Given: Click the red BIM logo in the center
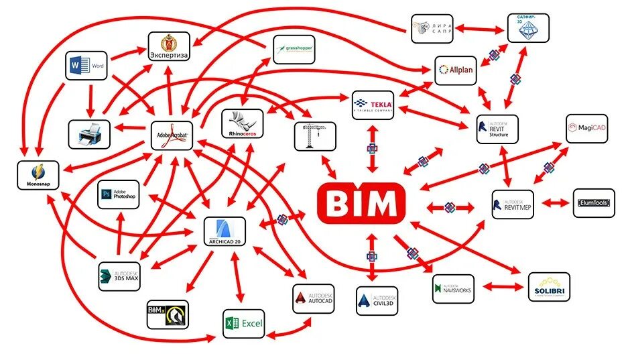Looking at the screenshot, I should click(x=362, y=203).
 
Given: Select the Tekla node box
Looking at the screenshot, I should click(x=373, y=105).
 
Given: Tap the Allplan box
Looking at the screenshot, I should click(x=456, y=70).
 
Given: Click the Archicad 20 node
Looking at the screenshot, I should click(x=225, y=231).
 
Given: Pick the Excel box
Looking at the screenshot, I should click(x=243, y=323).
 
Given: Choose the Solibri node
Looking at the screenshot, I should click(x=549, y=286).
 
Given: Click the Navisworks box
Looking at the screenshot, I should click(x=453, y=288).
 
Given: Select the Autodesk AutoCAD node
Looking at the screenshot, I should click(x=313, y=298).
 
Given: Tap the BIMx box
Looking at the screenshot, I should click(x=167, y=314).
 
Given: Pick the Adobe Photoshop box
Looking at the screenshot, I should click(x=119, y=195).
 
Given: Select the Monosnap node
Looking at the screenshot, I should click(x=37, y=174).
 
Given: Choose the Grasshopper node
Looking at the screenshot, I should click(x=294, y=50).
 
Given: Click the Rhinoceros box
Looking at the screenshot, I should click(x=242, y=123).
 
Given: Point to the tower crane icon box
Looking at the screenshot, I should click(x=313, y=136).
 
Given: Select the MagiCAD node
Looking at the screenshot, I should click(x=587, y=128).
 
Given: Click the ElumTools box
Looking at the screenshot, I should click(x=593, y=202).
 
